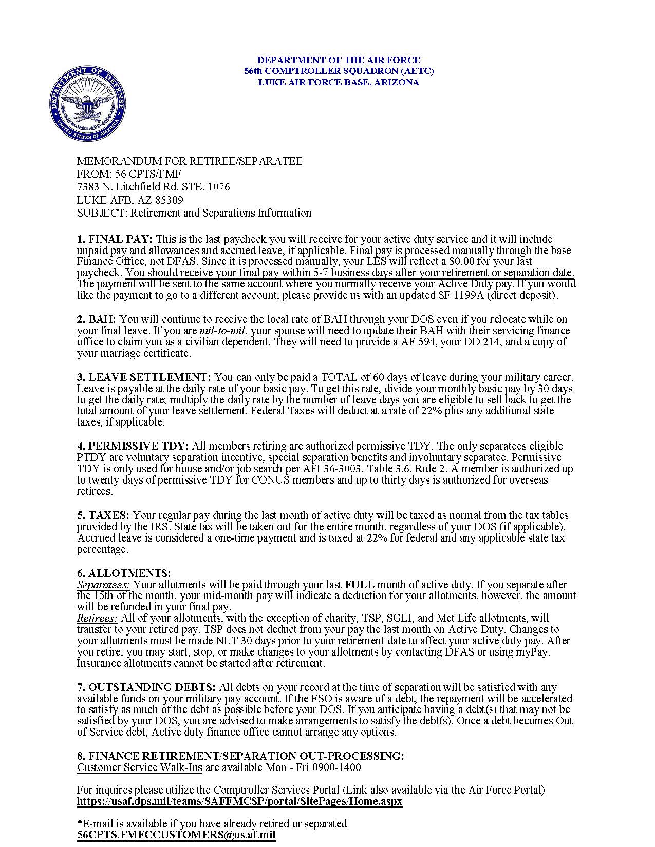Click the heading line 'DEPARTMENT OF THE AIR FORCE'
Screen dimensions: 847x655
pos(339,60)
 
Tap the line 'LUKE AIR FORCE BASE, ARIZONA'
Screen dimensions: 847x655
pos(339,82)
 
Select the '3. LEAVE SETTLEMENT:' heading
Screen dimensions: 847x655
pos(144,377)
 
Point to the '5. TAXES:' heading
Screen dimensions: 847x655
pos(103,515)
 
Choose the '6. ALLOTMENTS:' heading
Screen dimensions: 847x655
pos(124,573)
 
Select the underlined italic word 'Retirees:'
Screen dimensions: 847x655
pos(97,618)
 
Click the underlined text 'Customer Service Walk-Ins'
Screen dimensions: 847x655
pos(140,768)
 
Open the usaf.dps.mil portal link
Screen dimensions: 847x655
pos(239,801)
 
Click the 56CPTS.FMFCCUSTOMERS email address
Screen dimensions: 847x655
pos(176,835)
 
